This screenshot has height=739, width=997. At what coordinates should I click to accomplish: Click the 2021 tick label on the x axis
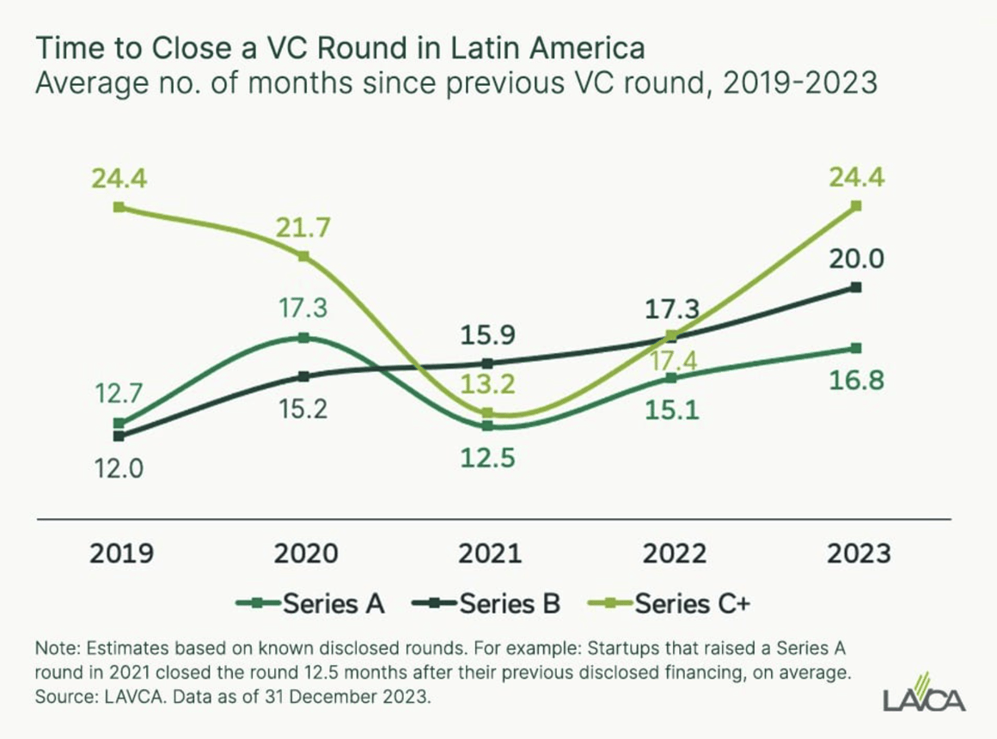pos(488,553)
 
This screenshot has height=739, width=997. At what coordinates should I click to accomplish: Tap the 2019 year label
pos(121,553)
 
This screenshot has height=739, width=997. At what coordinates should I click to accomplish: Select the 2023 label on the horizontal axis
pos(858,553)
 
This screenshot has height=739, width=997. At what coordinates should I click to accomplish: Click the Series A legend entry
pos(310,603)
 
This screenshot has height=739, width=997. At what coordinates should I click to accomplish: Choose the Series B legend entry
pos(487,603)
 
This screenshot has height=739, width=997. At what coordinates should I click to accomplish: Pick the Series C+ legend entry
pos(670,603)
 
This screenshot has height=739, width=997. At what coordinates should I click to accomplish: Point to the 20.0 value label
pos(855,259)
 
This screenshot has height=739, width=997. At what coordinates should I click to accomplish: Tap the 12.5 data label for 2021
pos(486,458)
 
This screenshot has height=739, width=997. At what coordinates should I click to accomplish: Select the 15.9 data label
pos(487,334)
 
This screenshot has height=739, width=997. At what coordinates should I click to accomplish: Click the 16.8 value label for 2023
pos(855,380)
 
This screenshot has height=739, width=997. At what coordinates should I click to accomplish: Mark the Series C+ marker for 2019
pos(119,207)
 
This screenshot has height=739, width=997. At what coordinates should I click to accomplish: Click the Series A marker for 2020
pos(303,338)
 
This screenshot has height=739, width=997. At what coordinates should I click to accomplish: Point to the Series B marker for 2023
pos(856,287)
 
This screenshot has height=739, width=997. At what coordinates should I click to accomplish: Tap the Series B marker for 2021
pos(488,363)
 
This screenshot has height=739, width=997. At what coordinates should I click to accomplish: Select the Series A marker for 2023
pos(856,348)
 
